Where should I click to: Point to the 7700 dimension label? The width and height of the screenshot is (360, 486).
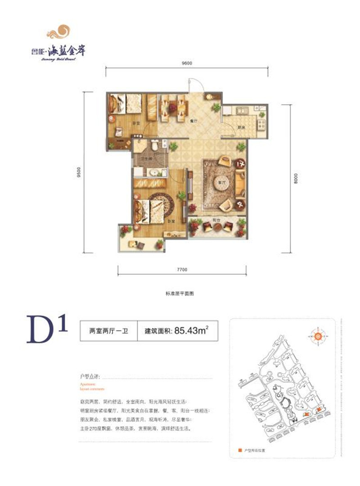(182, 269)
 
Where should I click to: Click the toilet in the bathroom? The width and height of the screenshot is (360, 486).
(155, 145)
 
